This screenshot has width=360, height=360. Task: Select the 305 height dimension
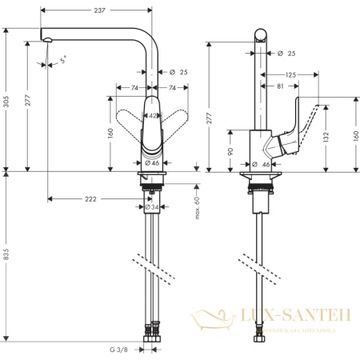click(x=8, y=98)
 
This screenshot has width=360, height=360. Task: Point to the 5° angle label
click(x=64, y=58)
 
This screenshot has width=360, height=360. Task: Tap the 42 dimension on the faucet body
click(x=154, y=115)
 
